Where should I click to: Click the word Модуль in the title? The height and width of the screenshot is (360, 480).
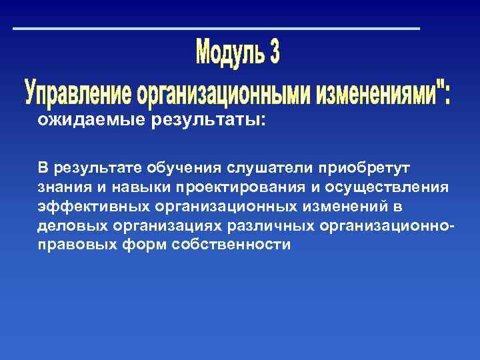[226, 53]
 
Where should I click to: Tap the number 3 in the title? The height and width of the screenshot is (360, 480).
[273, 53]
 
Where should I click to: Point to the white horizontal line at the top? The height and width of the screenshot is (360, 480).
[217, 29]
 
